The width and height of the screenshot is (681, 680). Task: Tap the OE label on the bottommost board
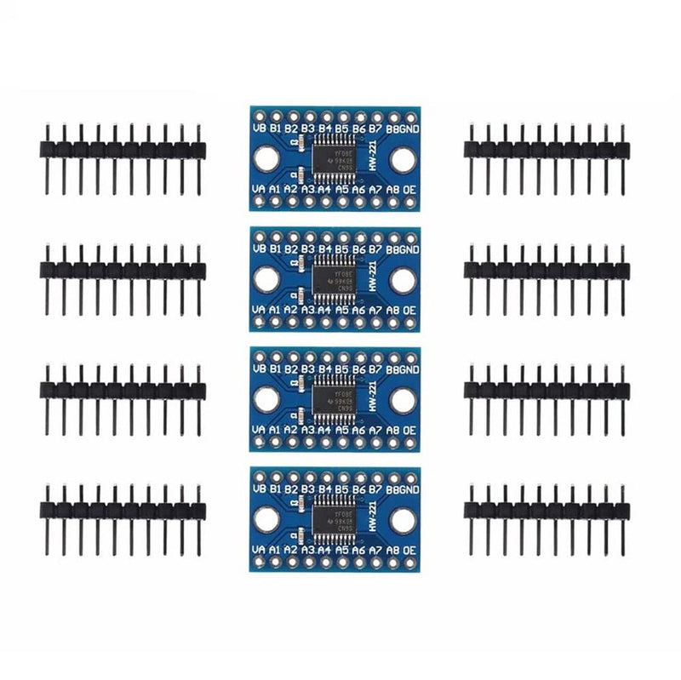(x=409, y=551)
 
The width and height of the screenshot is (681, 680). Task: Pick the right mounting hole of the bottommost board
(x=403, y=520)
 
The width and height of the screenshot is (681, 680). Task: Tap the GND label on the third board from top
(x=409, y=370)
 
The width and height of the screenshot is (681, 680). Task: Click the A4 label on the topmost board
(x=323, y=190)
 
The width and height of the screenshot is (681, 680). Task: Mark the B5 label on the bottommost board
(x=341, y=490)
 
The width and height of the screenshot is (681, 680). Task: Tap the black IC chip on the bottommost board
(x=332, y=520)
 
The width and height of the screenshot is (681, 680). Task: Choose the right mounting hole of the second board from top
(x=403, y=279)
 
